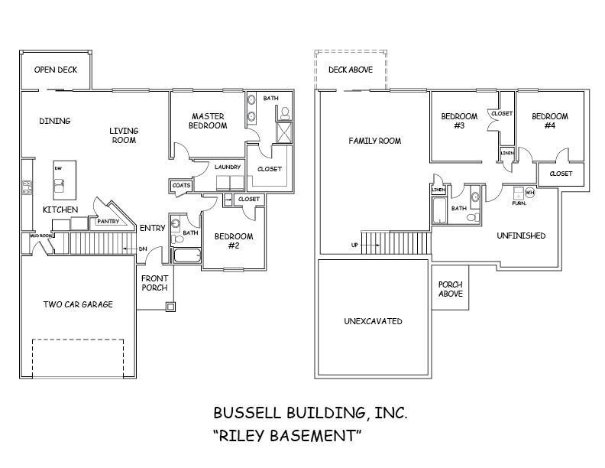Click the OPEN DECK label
(x=56, y=70)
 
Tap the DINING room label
(x=54, y=121)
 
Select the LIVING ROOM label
(x=123, y=135)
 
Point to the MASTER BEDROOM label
(x=208, y=121)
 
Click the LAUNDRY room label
(x=228, y=167)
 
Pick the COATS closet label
(x=181, y=185)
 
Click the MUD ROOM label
(x=40, y=236)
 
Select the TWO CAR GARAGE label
(x=77, y=304)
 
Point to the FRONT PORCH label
(x=155, y=283)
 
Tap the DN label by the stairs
(x=142, y=249)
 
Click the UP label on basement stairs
(x=354, y=245)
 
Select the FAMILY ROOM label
(x=374, y=141)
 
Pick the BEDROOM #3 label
(x=459, y=121)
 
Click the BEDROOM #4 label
(x=550, y=121)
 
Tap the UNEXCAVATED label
(x=373, y=321)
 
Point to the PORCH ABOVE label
(x=450, y=289)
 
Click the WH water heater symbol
(x=529, y=193)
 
